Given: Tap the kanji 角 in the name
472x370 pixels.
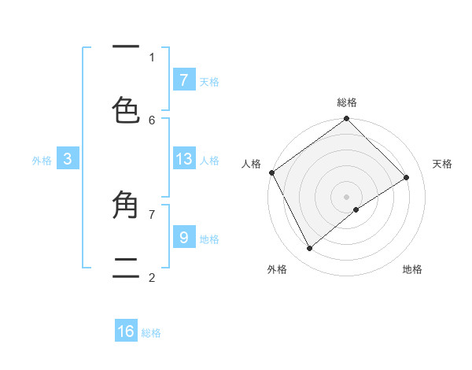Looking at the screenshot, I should pos(126,205).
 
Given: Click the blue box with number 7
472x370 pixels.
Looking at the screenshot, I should pos(183,80).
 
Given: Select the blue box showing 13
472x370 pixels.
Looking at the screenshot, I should pos(183,159).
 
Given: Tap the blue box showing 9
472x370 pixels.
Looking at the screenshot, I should pos(183,237).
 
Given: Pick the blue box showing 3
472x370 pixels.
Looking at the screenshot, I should pos(68,159).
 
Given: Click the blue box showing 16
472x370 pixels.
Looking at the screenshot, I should pos(126,331).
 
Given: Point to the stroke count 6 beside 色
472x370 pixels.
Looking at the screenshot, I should pos(152,120).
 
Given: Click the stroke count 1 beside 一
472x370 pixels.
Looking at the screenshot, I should pos(152,57).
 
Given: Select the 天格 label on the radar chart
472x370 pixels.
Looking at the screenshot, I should pos(442,164).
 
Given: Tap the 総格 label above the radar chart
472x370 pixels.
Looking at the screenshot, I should pos(347,102).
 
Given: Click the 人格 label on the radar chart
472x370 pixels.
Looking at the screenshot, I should pos(251,164).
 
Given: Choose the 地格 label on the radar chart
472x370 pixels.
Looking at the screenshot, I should pos(412,269).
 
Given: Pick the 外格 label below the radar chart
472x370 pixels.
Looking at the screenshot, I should pos(277,269).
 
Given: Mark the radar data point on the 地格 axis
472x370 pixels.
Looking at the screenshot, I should pos(356,209).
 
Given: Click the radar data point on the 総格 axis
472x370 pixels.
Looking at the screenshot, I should pos(347,120).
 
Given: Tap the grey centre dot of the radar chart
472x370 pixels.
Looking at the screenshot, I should pos(347,196).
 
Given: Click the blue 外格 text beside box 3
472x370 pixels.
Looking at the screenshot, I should pos(42,161).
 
